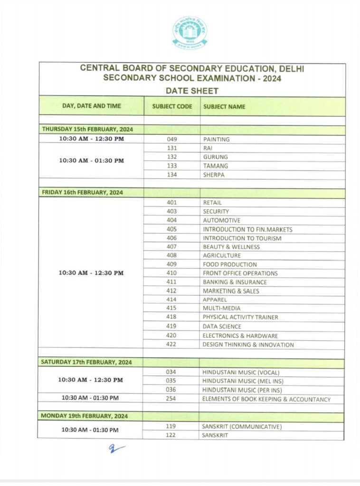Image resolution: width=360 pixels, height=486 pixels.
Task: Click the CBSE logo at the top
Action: pyautogui.click(x=189, y=33)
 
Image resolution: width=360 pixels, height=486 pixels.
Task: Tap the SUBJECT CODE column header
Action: pyautogui.click(x=172, y=106)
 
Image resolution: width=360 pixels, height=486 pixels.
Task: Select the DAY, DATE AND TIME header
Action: pyautogui.click(x=92, y=106)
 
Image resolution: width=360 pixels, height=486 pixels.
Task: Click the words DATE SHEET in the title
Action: pyautogui.click(x=192, y=90)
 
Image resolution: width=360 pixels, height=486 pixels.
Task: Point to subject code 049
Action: pyautogui.click(x=172, y=139)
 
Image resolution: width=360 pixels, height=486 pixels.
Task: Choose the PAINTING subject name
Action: pyautogui.click(x=216, y=139)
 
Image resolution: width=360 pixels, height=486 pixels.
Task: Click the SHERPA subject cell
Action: pyautogui.click(x=214, y=175)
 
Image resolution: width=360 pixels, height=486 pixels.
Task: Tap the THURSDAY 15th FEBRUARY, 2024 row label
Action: pyautogui.click(x=87, y=129)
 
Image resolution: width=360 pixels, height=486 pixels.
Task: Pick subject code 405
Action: pyautogui.click(x=171, y=229)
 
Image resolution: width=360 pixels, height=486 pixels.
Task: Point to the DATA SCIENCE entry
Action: pyautogui.click(x=222, y=327)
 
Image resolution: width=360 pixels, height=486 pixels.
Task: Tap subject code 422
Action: pyautogui.click(x=171, y=345)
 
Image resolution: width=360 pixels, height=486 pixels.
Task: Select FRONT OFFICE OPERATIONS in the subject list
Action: pyautogui.click(x=240, y=273)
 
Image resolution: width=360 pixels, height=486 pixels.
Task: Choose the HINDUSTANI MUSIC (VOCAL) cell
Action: pyautogui.click(x=241, y=372)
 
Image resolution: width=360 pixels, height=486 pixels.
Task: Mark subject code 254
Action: pyautogui.click(x=171, y=399)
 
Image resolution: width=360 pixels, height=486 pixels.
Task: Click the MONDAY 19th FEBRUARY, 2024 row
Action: pyautogui.click(x=84, y=416)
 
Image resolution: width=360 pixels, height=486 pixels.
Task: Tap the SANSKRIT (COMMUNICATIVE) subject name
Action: pyautogui.click(x=242, y=426)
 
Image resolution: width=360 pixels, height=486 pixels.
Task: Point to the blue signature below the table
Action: pyautogui.click(x=116, y=448)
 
